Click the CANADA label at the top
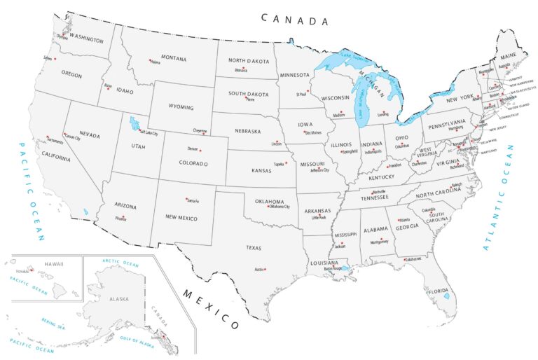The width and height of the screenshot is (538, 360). (x=294, y=19)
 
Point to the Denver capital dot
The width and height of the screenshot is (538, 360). (x=200, y=150)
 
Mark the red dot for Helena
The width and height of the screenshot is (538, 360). (x=151, y=61)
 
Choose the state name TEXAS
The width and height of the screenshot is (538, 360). (x=253, y=247)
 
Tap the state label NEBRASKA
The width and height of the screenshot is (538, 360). (x=247, y=130)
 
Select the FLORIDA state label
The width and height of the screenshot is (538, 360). (x=438, y=291)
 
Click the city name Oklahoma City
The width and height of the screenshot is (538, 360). (x=278, y=206)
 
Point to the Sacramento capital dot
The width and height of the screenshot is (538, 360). (x=48, y=137)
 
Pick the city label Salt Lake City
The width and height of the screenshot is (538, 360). (x=149, y=132)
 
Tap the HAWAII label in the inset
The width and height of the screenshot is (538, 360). (x=54, y=264)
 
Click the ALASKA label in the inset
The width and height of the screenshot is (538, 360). (x=119, y=299)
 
